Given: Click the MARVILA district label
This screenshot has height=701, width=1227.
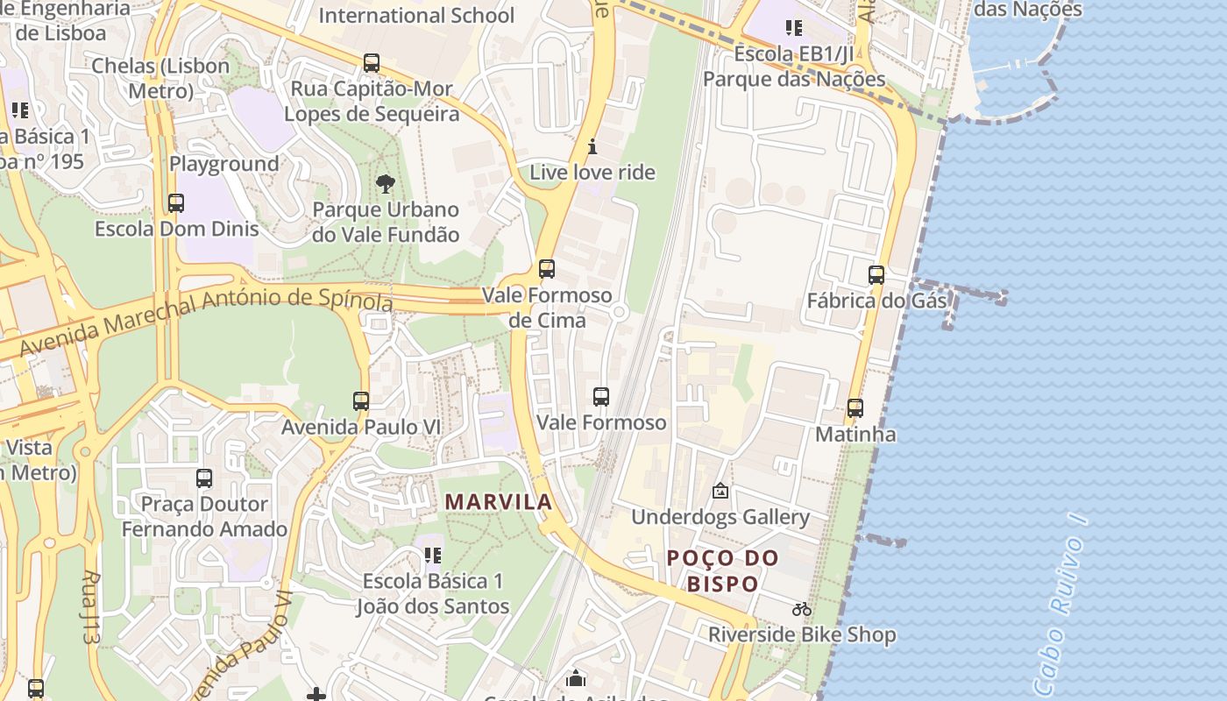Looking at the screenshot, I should click(498, 502).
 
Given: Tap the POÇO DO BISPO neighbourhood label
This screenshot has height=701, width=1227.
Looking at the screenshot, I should click(722, 570).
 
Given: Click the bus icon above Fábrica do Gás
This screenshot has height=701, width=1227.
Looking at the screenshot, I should click(876, 275).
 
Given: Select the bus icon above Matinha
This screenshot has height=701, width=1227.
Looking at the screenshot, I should click(855, 408).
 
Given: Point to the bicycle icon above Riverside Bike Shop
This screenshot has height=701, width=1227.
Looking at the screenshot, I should click(801, 609).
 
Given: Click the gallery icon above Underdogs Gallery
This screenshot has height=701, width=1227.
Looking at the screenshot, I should click(720, 492).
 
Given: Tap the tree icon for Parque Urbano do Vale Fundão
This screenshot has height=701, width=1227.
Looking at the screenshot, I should click(385, 184).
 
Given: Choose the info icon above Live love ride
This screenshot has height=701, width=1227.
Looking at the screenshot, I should click(592, 146).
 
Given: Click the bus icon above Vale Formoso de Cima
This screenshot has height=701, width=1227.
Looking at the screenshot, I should click(547, 269).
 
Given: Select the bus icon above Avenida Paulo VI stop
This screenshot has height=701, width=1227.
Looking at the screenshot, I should click(360, 401).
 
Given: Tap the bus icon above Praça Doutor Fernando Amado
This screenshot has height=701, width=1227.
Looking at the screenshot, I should click(204, 478).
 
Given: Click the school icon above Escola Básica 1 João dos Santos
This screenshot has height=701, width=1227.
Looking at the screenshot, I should click(432, 555).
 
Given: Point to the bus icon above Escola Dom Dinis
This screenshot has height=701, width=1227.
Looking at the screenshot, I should click(176, 203).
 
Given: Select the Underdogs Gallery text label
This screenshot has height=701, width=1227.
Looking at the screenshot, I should click(720, 517).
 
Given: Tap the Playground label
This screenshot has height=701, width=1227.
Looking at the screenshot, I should click(223, 164).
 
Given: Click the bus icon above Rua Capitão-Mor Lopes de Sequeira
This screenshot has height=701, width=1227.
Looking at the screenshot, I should click(372, 63).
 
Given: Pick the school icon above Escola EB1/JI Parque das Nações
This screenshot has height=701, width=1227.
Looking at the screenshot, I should click(793, 28).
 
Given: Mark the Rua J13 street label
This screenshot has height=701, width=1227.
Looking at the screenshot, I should click(90, 607).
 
